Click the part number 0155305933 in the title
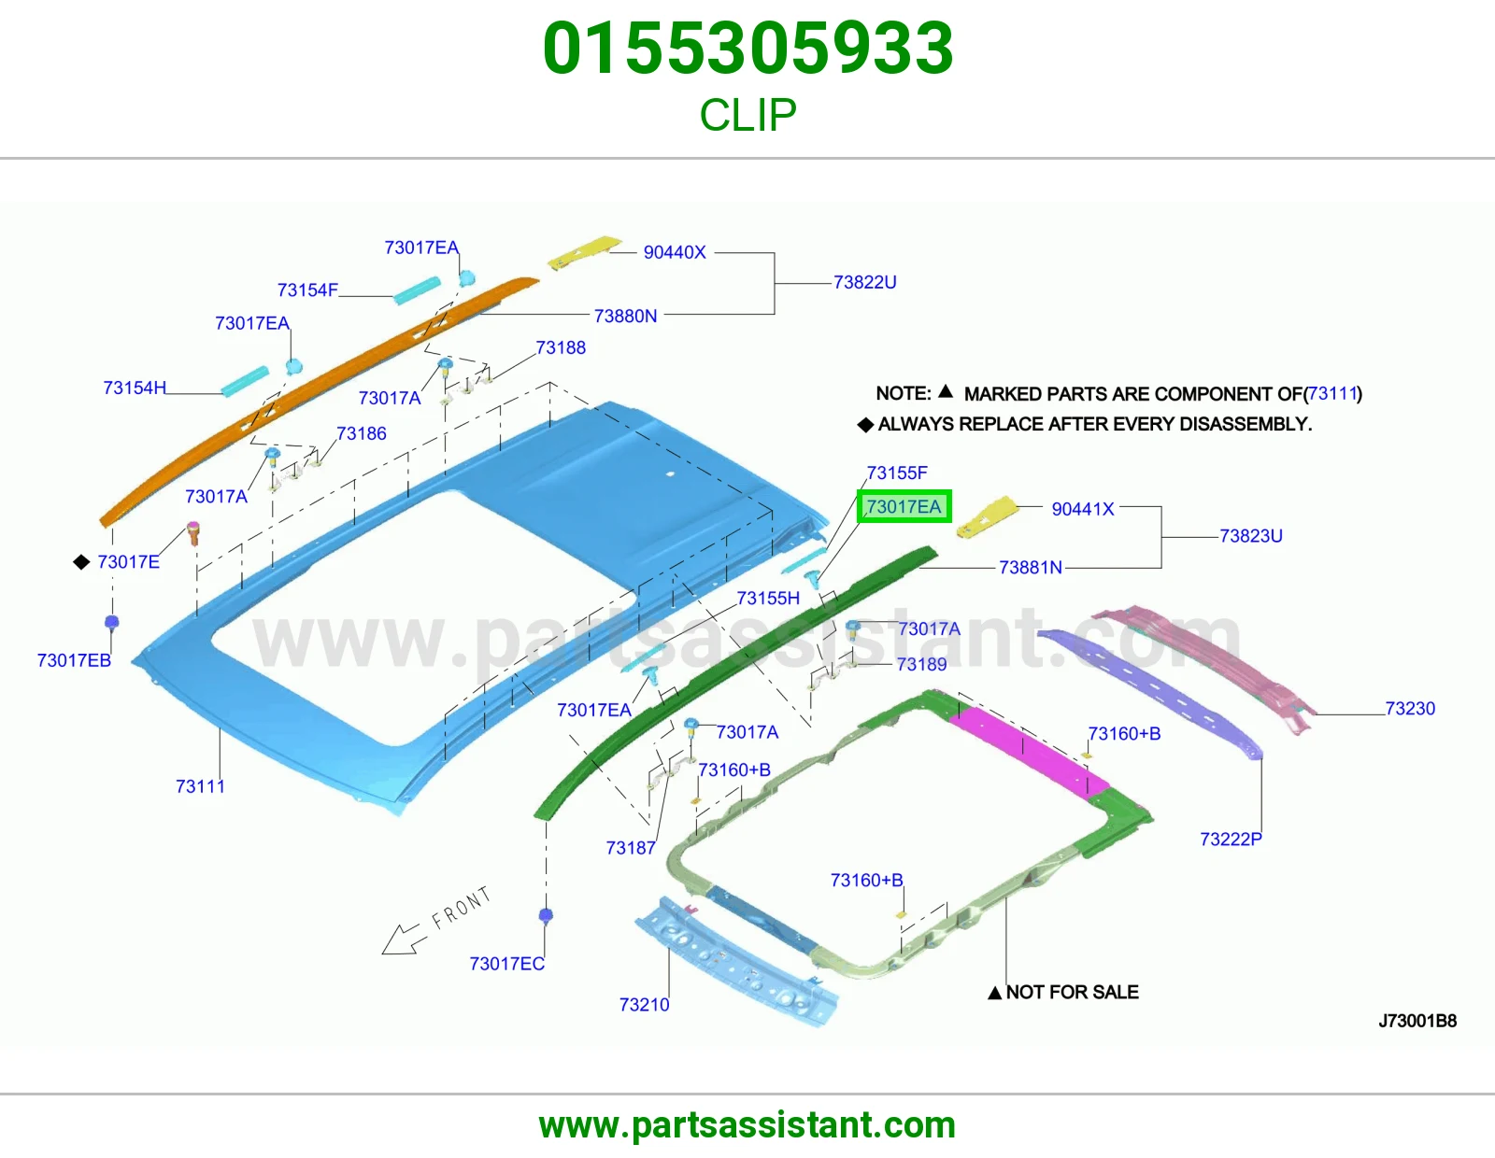tap(747, 49)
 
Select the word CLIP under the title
tap(747, 115)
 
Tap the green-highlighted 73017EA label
tap(904, 507)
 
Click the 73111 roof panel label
tap(200, 786)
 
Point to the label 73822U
tap(865, 282)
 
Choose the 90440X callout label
tap(675, 252)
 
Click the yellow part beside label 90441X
tap(987, 517)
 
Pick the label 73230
tap(1410, 708)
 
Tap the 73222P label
tap(1231, 839)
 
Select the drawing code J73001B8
tap(1417, 1021)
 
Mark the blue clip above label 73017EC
tap(546, 915)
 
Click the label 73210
tap(644, 1005)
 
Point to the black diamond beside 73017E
tap(81, 562)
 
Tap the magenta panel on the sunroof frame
tap(1030, 751)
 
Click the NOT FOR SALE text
tap(1072, 992)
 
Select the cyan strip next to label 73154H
tap(245, 382)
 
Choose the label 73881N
tap(1030, 567)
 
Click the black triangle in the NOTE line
tap(946, 391)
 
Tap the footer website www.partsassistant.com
tap(747, 1125)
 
